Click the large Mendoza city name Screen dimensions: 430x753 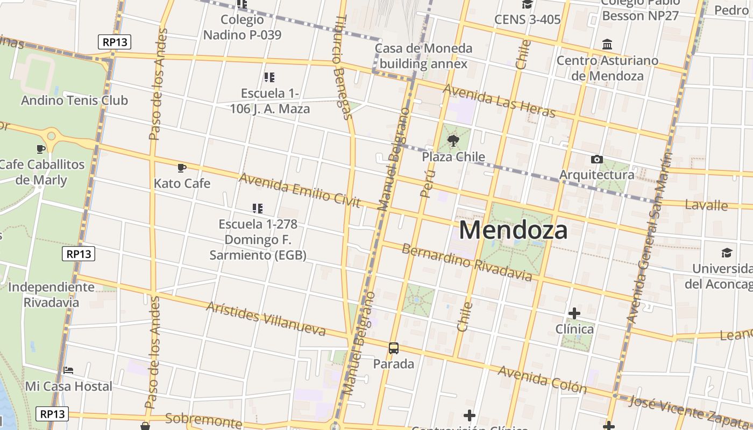[513, 230]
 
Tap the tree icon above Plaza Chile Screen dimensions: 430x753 [453, 141]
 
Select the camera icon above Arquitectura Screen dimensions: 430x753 [596, 159]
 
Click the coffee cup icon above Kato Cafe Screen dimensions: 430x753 [182, 168]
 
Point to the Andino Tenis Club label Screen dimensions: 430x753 [74, 100]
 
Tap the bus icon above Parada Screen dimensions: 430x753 [394, 348]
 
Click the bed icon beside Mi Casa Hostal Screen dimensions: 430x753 [68, 370]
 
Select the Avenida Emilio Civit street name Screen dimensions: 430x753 [300, 190]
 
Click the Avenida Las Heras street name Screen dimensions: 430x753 [499, 101]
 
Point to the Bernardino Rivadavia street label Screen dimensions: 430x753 [467, 262]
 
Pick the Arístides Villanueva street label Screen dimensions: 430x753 [266, 318]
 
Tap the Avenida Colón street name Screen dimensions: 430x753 [542, 379]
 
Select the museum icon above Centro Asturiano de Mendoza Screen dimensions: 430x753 [607, 44]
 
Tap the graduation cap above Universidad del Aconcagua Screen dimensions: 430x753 [727, 253]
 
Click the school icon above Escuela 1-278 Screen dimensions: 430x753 [257, 208]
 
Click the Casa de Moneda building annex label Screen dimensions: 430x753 [423, 56]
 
